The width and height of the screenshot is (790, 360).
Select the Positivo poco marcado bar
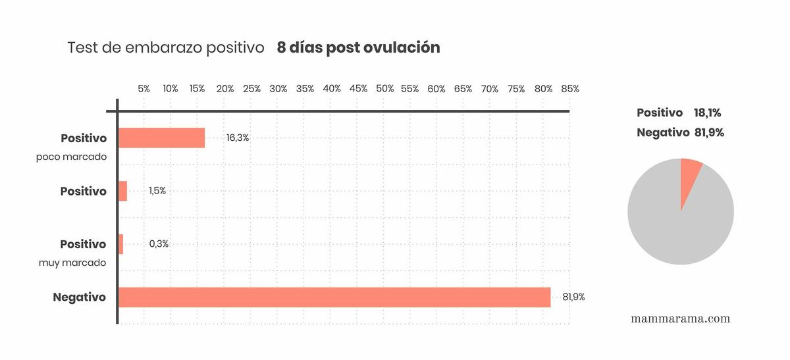(161, 138)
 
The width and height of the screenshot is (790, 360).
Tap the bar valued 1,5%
(122, 192)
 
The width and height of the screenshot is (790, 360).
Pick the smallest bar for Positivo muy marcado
(120, 244)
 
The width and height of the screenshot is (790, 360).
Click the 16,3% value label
(237, 138)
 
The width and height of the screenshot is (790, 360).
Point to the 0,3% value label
(159, 244)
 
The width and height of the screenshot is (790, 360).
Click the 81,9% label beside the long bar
(573, 297)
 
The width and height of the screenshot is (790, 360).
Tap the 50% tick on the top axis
(384, 89)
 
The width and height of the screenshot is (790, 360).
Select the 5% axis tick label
(144, 89)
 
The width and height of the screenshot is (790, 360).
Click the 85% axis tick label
(570, 89)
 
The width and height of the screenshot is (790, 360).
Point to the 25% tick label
(251, 89)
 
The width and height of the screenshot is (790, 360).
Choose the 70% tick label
(490, 89)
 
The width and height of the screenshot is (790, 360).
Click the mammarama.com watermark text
(680, 319)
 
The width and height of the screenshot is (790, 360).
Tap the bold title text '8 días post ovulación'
(359, 48)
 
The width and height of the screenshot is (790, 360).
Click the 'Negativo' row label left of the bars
(79, 297)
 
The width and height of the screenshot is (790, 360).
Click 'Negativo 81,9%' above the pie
(680, 132)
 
